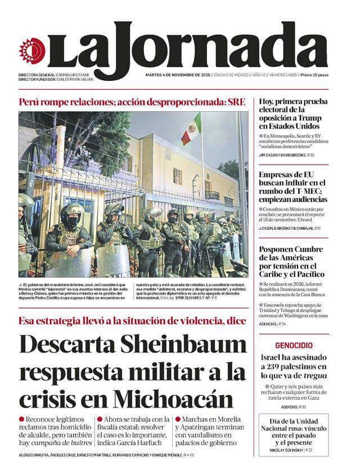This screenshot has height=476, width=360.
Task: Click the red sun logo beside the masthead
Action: pos(30,51)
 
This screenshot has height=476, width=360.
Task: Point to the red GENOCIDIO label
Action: pos(294,345)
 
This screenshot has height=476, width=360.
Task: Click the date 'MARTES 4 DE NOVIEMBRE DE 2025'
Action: pos(177,75)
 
